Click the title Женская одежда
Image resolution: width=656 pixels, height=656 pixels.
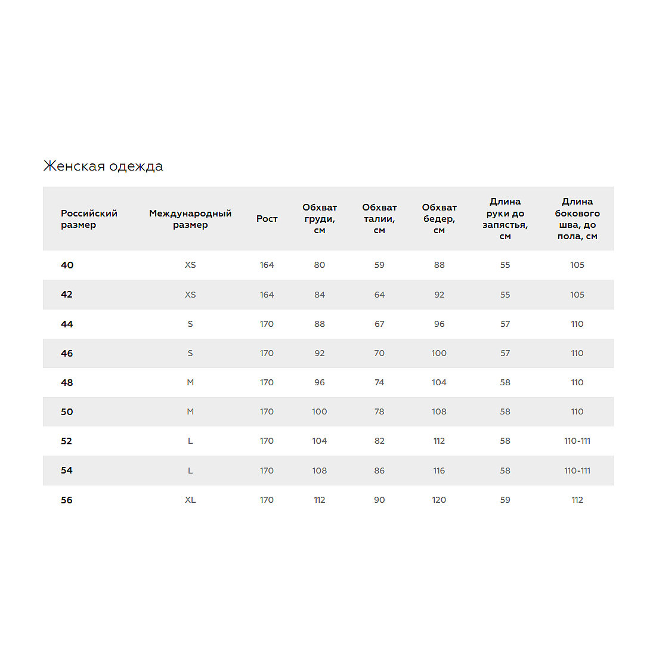tap(103, 166)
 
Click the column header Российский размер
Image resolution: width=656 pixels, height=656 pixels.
tap(89, 219)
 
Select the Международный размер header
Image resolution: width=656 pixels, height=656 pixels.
tap(190, 219)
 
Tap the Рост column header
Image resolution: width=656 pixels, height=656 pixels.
tap(267, 219)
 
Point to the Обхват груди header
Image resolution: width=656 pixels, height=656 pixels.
tap(320, 219)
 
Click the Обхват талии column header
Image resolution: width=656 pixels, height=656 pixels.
tap(379, 219)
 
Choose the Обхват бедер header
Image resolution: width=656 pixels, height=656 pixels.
tap(440, 219)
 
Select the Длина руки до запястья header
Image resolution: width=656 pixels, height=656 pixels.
tap(505, 219)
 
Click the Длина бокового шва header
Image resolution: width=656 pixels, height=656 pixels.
tap(577, 219)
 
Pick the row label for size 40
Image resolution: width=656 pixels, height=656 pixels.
tap(67, 265)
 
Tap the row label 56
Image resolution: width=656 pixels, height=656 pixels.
tap(67, 500)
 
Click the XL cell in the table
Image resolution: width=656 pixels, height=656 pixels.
tap(190, 500)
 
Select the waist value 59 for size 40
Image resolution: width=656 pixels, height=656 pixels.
tap(379, 265)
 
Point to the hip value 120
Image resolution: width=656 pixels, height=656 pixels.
tap(439, 500)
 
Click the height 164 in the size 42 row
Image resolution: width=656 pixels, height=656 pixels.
tap(267, 295)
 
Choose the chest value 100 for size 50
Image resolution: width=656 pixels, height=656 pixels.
tap(320, 412)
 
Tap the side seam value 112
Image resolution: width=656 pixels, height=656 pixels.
tap(577, 500)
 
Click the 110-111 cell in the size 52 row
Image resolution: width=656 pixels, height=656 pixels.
tap(577, 441)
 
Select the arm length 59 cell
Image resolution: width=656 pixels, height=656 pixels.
tap(505, 500)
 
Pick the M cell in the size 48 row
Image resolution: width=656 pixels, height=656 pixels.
tap(190, 383)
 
